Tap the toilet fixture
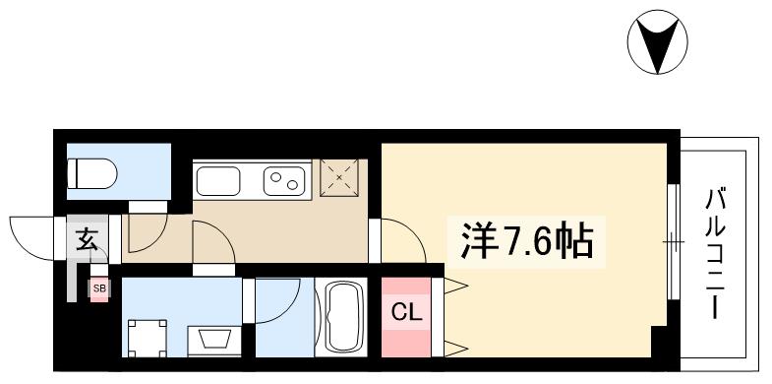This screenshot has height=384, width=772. pyautogui.click(x=92, y=175)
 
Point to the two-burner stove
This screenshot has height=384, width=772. pyautogui.click(x=285, y=181)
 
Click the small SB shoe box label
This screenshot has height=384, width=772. pyautogui.click(x=98, y=288)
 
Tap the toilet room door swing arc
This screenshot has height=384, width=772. pyautogui.click(x=144, y=229)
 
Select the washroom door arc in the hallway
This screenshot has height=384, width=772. pyautogui.click(x=211, y=242)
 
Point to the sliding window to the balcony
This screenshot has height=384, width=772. pyautogui.click(x=672, y=240)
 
